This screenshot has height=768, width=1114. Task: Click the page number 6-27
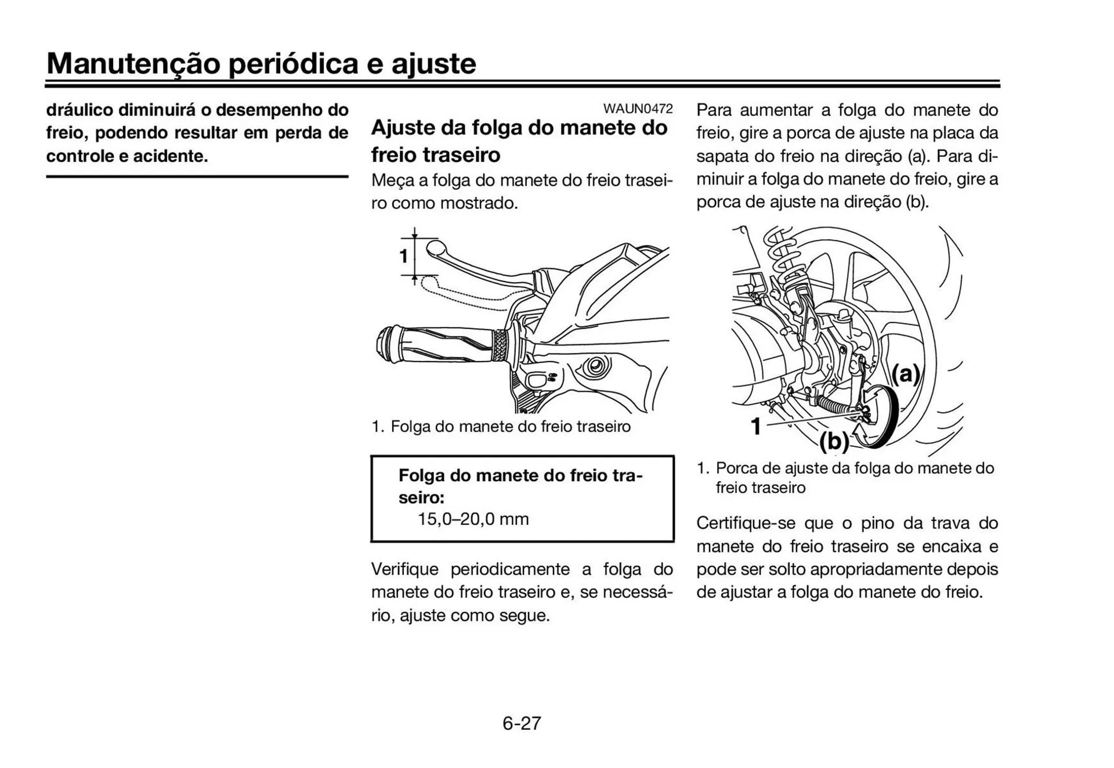click(522, 723)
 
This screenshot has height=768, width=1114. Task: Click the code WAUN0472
click(638, 109)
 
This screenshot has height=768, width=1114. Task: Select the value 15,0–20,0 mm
click(473, 519)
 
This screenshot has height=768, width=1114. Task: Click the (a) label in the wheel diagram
click(906, 374)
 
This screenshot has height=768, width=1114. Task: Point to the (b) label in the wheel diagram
click(834, 442)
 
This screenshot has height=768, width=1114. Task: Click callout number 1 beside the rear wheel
click(755, 426)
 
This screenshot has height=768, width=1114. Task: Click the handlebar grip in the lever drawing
click(441, 345)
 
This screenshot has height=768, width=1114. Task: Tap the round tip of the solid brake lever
click(436, 249)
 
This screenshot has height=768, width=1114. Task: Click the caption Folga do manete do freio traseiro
click(510, 427)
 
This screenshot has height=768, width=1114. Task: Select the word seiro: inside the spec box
click(421, 497)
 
